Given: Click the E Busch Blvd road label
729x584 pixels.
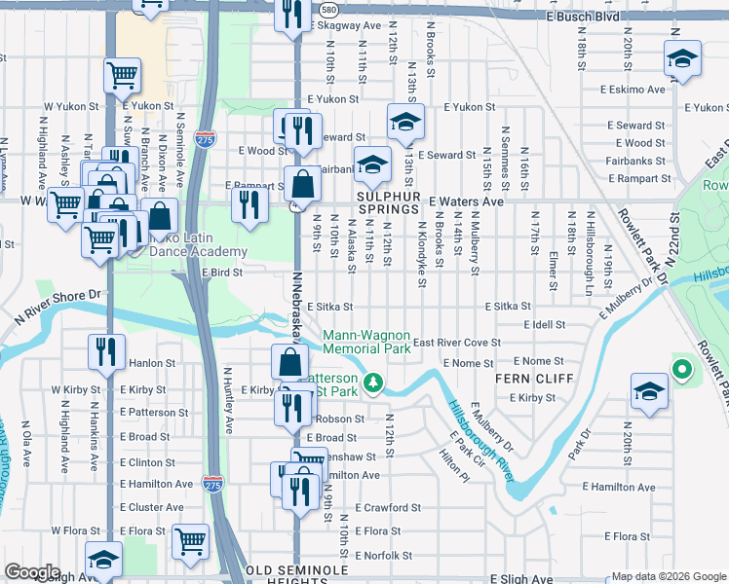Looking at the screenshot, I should (582, 17).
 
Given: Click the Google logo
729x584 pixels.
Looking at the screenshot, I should (33, 572).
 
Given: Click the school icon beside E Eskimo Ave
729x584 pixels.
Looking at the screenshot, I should (683, 58).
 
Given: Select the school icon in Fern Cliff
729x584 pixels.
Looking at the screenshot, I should (648, 390).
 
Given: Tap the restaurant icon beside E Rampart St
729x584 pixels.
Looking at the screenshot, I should (249, 204).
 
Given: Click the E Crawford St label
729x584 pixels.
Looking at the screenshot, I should (388, 508).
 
